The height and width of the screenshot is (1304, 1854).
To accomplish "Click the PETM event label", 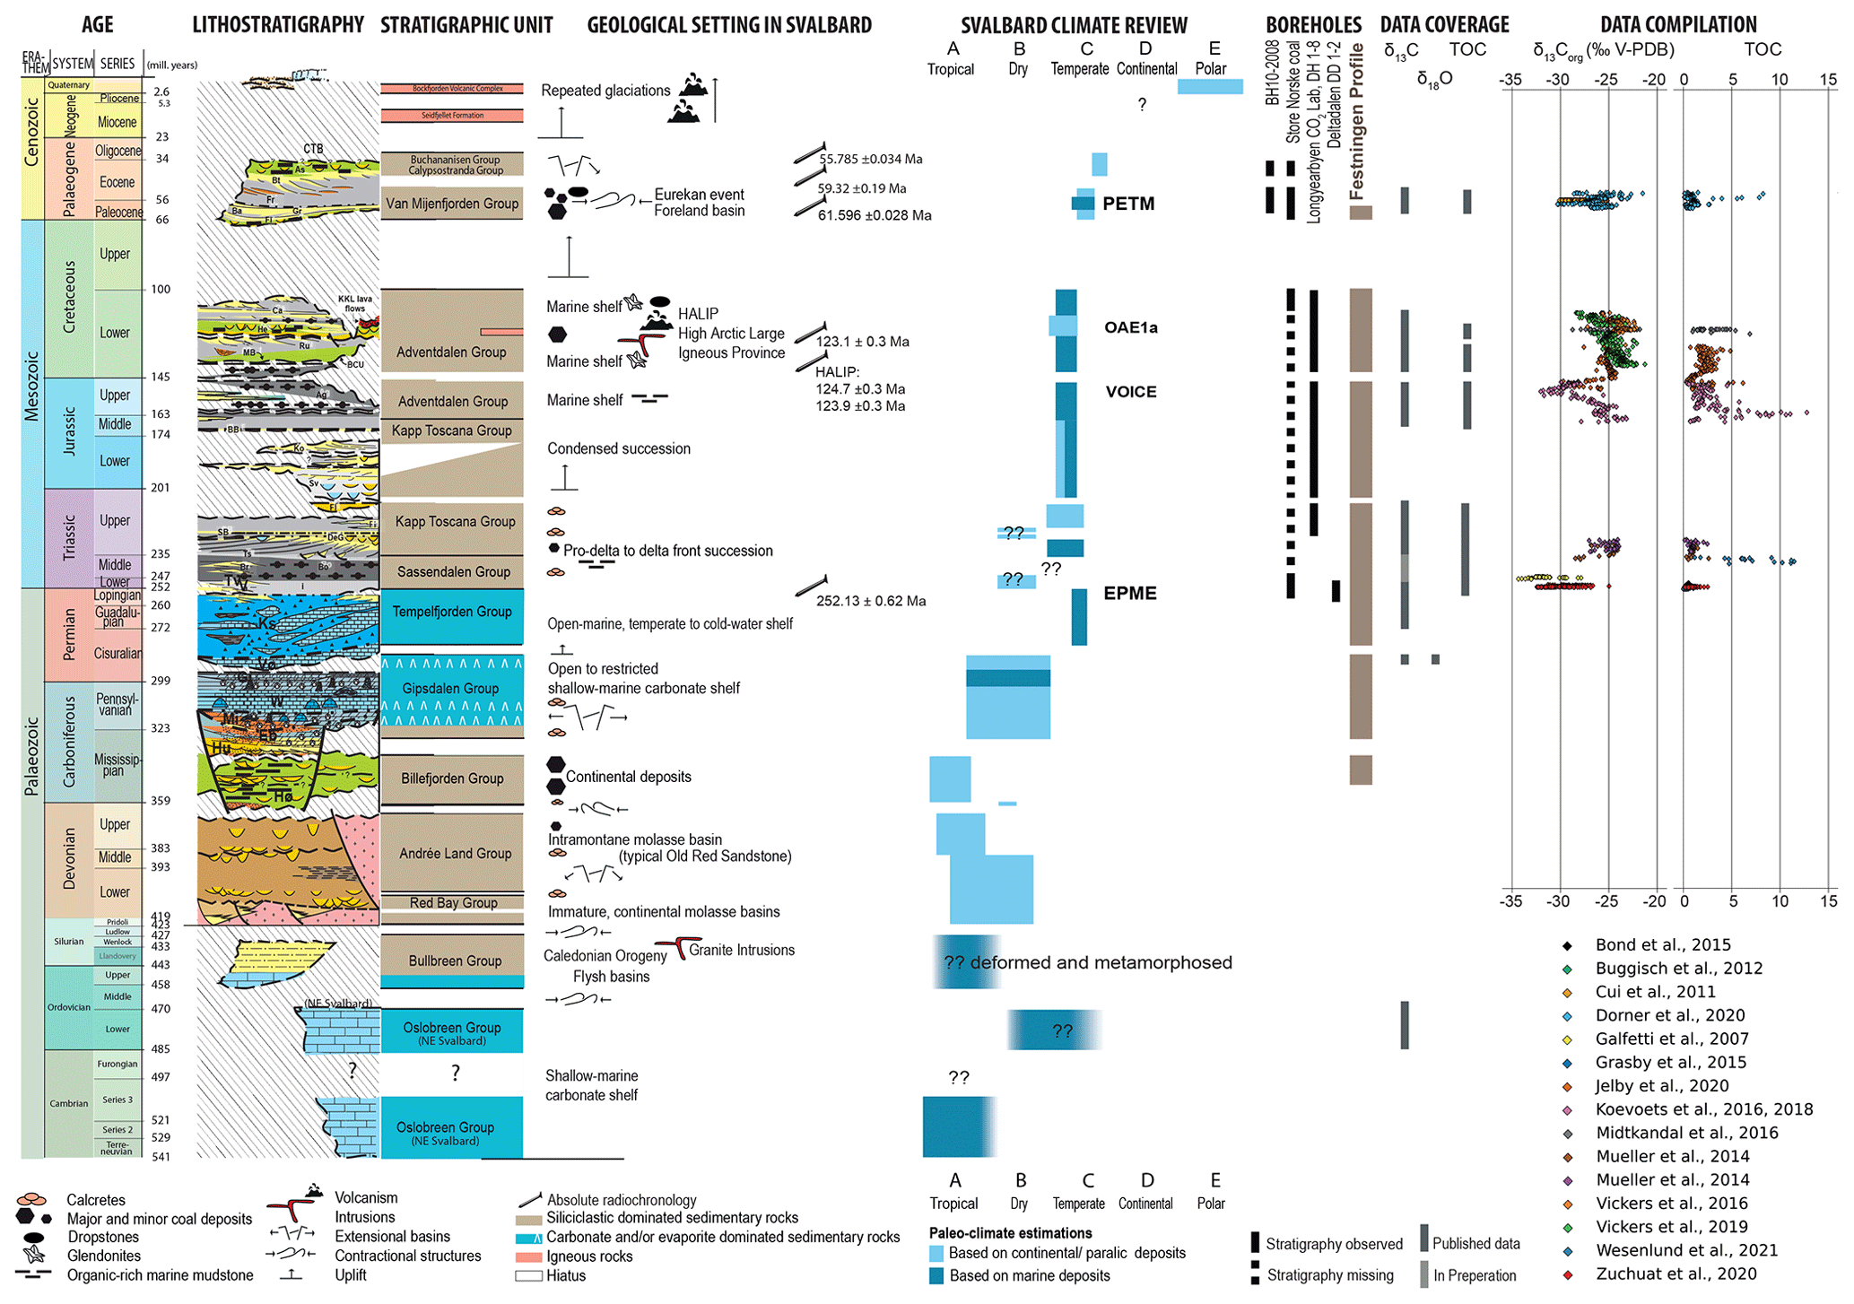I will (x=1127, y=204).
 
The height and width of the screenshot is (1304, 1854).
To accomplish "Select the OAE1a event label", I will (x=1130, y=327).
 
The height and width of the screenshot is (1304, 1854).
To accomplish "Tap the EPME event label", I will (x=1129, y=593).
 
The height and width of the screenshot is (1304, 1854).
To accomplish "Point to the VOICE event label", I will (x=1130, y=392).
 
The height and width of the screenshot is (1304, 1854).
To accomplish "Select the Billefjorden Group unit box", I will (x=451, y=778).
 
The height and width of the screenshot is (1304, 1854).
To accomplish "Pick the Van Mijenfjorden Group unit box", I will (x=451, y=204).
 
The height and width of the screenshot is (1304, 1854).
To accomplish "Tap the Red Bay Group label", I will (x=453, y=902).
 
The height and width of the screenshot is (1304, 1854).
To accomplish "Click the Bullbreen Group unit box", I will (x=454, y=961).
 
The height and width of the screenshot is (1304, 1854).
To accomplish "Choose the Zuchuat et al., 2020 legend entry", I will (x=1675, y=1274).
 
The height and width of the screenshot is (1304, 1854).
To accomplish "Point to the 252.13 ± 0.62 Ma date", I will (x=870, y=601).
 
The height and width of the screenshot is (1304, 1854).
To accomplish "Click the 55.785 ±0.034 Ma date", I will (x=870, y=159).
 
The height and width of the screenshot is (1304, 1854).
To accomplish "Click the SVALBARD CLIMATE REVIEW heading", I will (x=1074, y=25).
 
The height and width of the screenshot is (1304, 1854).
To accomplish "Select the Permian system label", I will (x=70, y=634).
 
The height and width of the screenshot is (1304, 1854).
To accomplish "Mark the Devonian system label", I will (x=70, y=859).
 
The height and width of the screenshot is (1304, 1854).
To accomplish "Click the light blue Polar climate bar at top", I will (x=1210, y=86).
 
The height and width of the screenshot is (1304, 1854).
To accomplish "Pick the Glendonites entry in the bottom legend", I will (x=103, y=1256).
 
